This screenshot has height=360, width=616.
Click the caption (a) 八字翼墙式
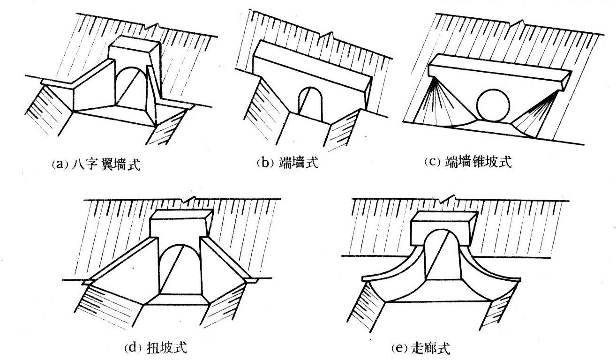(x=95, y=165)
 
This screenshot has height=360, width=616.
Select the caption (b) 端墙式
(x=287, y=163)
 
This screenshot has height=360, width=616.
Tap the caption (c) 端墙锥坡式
(x=467, y=162)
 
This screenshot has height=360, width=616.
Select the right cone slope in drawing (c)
(x=534, y=112)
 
